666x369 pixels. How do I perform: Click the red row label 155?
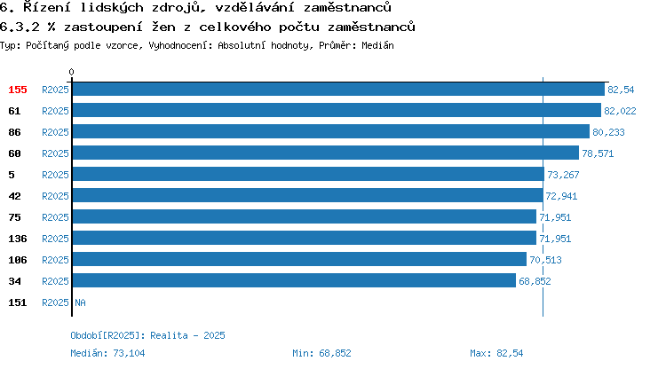tap(18, 90)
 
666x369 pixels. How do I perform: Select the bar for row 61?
tap(337, 110)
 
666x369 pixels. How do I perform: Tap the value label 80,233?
tap(608, 132)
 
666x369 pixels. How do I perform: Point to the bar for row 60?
tap(326, 153)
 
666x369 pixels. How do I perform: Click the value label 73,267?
tap(563, 175)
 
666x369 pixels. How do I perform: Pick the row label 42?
tap(14, 196)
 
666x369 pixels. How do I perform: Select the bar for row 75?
tap(305, 216)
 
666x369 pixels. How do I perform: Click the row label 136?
tap(18, 239)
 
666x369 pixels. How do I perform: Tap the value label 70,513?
tap(545, 260)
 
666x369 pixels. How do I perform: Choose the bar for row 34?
tap(294, 280)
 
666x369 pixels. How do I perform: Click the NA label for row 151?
tap(80, 302)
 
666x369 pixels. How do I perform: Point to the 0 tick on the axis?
tap(71, 72)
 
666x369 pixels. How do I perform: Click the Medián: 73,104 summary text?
tap(107, 353)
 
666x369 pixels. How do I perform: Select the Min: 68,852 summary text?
tap(321, 353)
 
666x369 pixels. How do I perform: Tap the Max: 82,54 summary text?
tap(496, 353)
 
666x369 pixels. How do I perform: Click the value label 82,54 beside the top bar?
tap(621, 90)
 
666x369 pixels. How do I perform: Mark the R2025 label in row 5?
tap(55, 175)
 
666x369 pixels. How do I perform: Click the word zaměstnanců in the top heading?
tap(347, 7)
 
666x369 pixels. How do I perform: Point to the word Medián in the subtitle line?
tap(377, 45)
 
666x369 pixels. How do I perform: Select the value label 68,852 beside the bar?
tap(535, 281)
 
